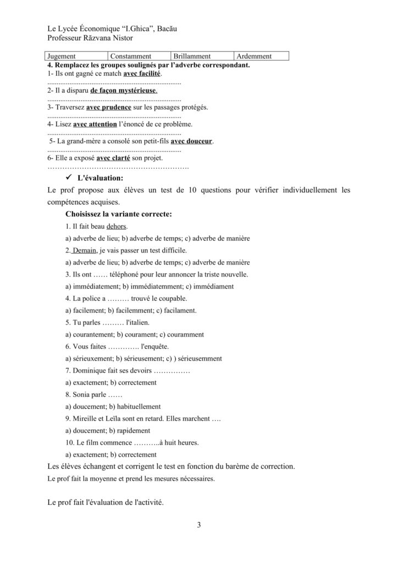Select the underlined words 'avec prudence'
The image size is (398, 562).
pyautogui.click(x=109, y=107)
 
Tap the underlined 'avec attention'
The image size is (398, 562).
pyautogui.click(x=95, y=124)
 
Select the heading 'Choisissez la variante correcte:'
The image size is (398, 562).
pyautogui.click(x=118, y=214)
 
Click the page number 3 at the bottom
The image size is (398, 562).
pyautogui.click(x=199, y=525)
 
